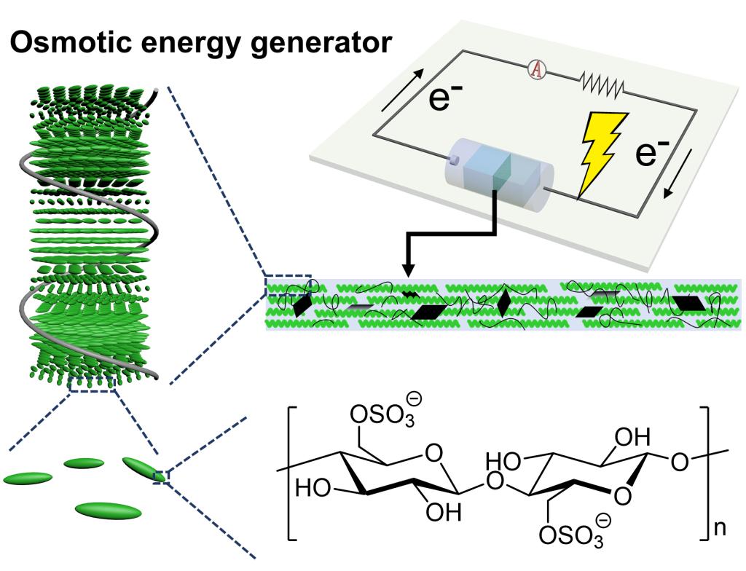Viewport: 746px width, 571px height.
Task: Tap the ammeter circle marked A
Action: pos(537,69)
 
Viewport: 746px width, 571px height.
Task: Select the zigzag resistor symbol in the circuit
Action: pos(602,86)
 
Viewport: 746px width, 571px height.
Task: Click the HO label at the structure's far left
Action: pos(312,488)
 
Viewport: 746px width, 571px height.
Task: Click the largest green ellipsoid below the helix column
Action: pos(108,510)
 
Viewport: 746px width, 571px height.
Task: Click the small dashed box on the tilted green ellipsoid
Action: pos(161,476)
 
